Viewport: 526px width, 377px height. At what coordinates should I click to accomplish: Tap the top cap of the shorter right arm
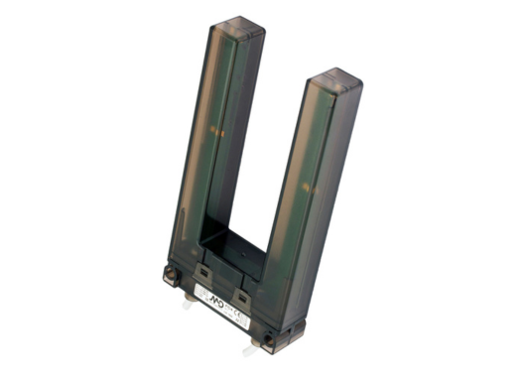pyautogui.click(x=332, y=76)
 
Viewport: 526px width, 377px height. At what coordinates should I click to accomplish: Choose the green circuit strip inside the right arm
pyautogui.click(x=310, y=188)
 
